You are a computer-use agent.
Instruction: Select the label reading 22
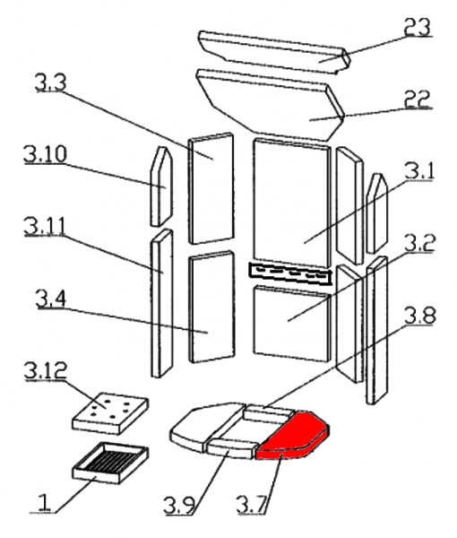(417, 100)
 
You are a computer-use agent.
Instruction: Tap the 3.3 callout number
(51, 82)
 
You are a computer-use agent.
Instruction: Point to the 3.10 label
(46, 154)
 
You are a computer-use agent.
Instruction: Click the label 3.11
(45, 227)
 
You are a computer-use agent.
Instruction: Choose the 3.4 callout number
(51, 299)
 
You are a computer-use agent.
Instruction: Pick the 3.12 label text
(46, 370)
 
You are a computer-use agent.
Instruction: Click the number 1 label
(44, 503)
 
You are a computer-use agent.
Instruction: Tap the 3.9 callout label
(179, 505)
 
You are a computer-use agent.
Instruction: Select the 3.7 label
(252, 505)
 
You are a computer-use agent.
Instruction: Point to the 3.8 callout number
(420, 316)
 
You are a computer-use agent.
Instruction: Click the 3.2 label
(419, 243)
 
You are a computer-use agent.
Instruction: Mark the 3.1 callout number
(419, 171)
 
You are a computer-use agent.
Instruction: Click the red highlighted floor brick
(293, 435)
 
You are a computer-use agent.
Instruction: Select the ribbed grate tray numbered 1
(110, 463)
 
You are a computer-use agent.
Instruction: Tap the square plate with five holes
(110, 414)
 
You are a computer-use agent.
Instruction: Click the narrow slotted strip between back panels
(290, 273)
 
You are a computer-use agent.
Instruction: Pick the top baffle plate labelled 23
(274, 52)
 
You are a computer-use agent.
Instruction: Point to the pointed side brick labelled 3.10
(162, 187)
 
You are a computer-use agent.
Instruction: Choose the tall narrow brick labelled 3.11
(162, 304)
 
